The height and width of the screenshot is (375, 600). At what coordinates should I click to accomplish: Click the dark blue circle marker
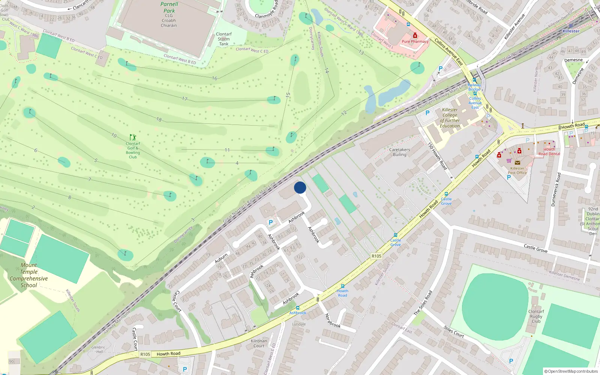[x=300, y=187]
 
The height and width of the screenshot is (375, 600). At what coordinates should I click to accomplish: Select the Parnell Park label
[x=169, y=7]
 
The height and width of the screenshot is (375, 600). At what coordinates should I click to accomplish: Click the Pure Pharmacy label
[x=415, y=41]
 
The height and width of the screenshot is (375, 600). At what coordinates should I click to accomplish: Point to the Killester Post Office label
[x=517, y=171]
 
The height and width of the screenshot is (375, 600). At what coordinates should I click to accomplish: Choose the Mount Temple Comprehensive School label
[x=29, y=275]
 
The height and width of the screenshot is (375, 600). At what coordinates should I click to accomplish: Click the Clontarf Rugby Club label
[x=536, y=316]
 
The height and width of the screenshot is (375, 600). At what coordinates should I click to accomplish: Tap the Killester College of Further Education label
[x=450, y=118]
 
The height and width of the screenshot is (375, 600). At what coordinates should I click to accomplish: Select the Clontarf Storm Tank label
[x=224, y=39]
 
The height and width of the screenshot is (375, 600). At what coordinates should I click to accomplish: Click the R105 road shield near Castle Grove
[x=376, y=256]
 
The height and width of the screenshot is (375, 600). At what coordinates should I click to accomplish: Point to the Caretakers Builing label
[x=399, y=152]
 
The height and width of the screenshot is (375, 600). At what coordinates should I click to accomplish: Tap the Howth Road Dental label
[x=549, y=151]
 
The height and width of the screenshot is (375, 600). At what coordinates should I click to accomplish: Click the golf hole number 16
[x=214, y=78]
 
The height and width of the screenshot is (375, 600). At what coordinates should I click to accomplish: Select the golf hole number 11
[x=227, y=150]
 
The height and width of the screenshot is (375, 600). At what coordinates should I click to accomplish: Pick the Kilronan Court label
[x=259, y=343]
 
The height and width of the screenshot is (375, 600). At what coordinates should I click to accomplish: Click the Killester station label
[x=571, y=31]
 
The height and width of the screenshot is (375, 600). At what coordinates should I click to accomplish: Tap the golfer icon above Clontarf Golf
[x=133, y=137]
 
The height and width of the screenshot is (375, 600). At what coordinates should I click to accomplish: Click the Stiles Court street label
[x=454, y=332]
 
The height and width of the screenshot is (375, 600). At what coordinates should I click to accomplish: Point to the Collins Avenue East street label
[x=448, y=52]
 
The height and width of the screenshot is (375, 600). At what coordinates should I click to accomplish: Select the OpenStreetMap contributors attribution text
[x=571, y=371]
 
